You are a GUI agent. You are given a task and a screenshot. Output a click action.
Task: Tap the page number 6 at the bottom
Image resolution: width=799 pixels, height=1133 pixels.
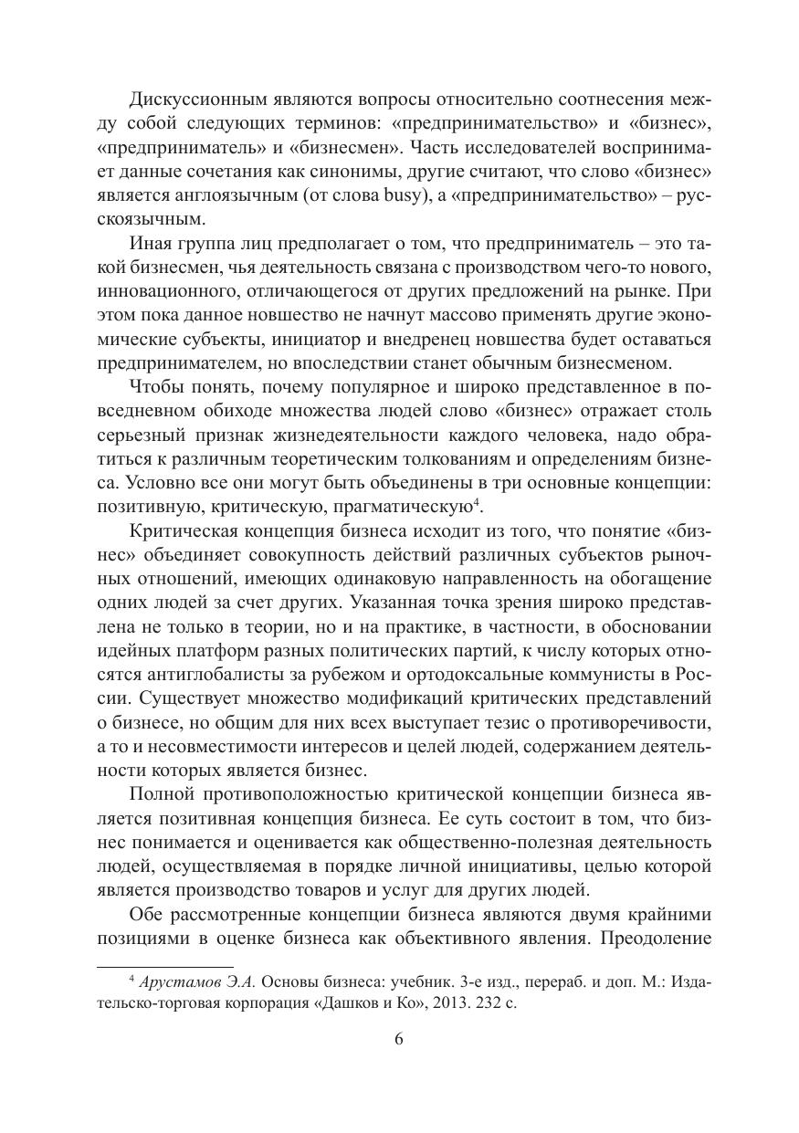(x=399, y=1039)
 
